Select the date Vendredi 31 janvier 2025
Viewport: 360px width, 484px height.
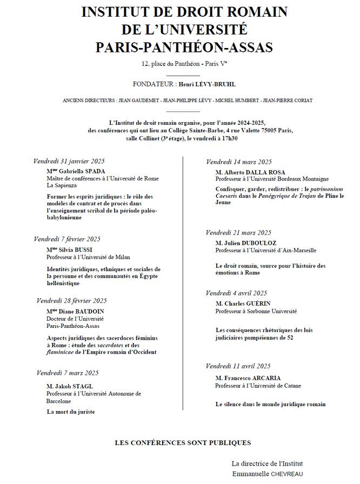coord(69,162)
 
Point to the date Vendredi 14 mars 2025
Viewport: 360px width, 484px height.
coord(238,162)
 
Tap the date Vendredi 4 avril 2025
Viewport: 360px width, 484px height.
coord(237,293)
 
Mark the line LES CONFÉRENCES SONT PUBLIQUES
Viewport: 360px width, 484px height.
coord(183,443)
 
